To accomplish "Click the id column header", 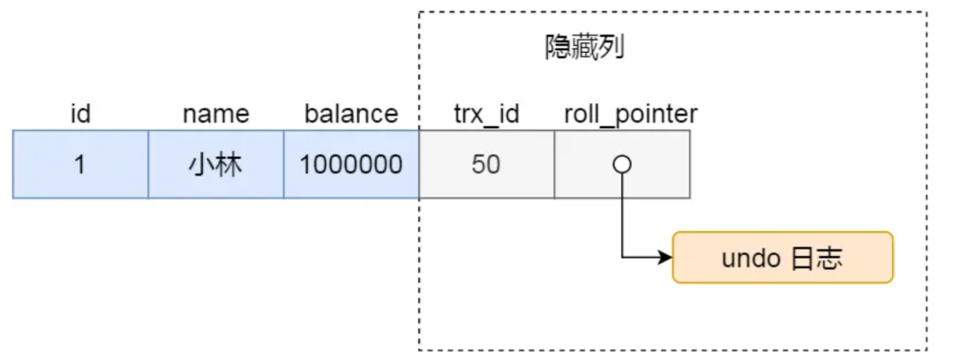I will pos(80,114).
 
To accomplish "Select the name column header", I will pos(215,114).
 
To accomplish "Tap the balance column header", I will pos(351,114).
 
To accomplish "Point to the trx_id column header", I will pos(485,114).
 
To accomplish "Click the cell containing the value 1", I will pos(80,165).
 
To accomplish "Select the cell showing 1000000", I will pos(351,165).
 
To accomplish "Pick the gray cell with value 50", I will pos(486,165).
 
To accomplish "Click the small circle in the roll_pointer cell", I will pos(622,165).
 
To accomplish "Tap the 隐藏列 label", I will pos(585,49).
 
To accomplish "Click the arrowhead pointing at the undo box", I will pos(666,259).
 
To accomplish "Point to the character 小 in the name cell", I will pos(202,165).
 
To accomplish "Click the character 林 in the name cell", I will pos(229,165).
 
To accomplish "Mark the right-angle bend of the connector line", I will pos(622,259).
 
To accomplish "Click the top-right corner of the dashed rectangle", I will pos(927,12).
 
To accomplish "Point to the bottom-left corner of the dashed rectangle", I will pos(419,350).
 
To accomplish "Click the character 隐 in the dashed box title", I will pos(559,49).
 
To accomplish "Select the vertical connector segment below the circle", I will pos(622,216).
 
